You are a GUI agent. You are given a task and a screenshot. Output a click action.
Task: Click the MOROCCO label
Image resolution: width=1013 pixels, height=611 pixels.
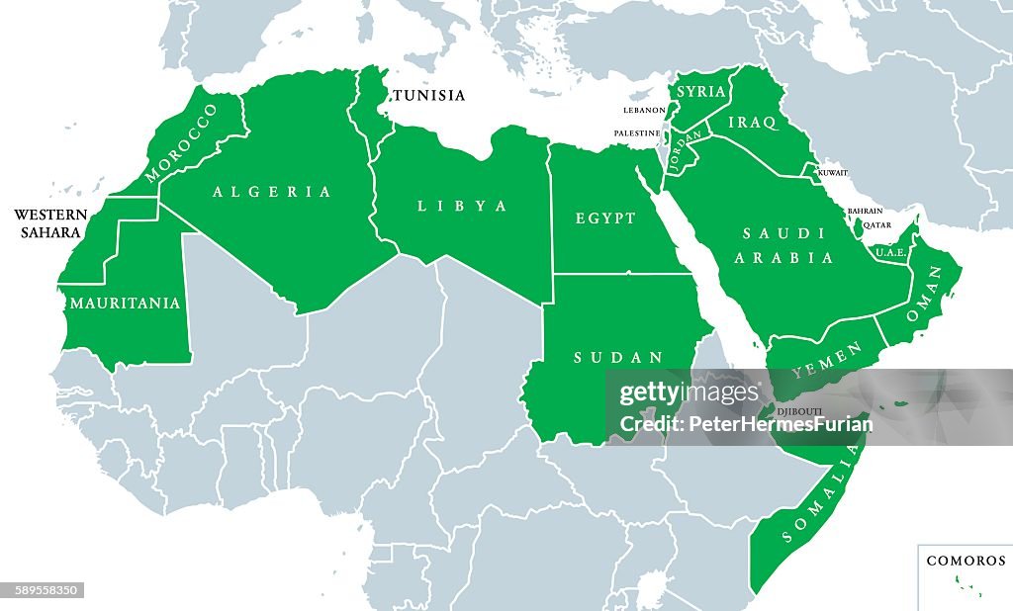[180, 143]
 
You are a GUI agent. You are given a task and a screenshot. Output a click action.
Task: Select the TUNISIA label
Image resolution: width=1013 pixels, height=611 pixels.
[428, 96]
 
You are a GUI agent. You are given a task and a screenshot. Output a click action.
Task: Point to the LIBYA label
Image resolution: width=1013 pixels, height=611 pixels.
[462, 207]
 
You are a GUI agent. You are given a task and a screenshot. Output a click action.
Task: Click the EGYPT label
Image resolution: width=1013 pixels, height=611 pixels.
[605, 218]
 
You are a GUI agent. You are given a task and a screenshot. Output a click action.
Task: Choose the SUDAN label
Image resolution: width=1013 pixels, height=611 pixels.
[604, 357]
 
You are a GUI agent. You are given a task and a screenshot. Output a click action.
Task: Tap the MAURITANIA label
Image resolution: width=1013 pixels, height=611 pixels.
[125, 304]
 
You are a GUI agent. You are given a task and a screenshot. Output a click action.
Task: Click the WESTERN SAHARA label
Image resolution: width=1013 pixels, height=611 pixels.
[50, 223]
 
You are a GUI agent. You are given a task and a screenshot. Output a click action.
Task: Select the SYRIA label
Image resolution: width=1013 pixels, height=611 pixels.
[701, 92]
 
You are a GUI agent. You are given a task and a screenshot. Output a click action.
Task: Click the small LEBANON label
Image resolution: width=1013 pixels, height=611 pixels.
[644, 110]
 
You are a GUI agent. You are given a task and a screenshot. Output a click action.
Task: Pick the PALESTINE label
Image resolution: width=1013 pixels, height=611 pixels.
[637, 133]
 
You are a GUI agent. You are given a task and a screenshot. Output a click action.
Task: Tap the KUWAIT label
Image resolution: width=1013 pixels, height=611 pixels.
[833, 173]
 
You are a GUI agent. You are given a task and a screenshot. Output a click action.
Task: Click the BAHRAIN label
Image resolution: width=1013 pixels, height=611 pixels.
[865, 212]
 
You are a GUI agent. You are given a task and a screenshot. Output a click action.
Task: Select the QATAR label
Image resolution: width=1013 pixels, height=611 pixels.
[876, 224]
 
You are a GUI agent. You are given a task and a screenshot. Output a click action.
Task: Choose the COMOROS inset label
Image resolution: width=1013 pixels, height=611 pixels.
[966, 561]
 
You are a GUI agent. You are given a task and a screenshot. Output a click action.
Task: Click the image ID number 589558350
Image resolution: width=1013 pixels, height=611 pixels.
[43, 591]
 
